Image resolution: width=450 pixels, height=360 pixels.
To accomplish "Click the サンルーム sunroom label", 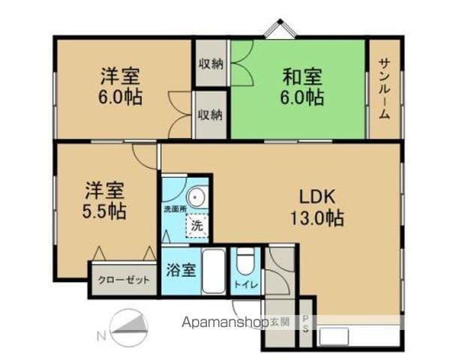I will click(383, 89).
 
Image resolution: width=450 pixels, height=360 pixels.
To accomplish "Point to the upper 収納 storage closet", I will click(211, 64).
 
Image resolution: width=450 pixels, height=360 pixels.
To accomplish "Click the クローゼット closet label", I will click(122, 281).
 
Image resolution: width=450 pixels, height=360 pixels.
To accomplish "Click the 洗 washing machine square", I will click(196, 223).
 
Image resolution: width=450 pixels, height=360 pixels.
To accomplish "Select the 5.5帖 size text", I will click(103, 211).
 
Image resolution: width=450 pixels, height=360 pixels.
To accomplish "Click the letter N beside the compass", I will click(100, 335).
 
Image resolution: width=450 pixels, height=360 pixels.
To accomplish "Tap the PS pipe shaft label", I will click(305, 323).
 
